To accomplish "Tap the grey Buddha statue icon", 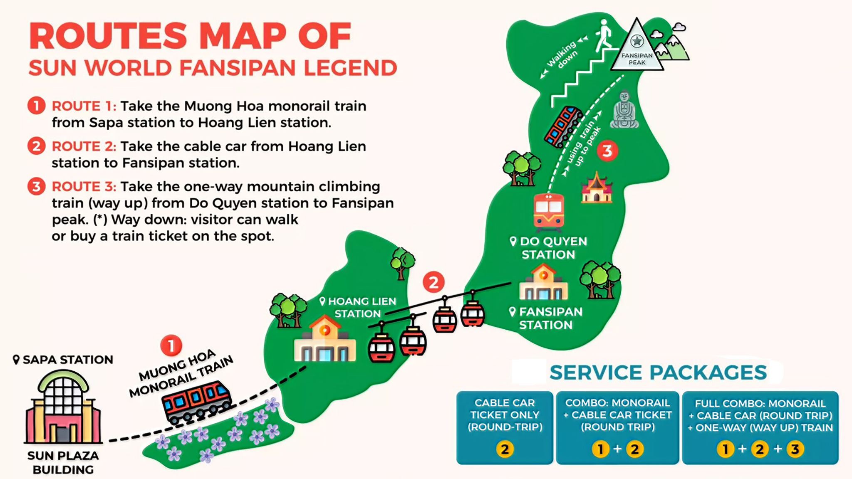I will coord(624,110).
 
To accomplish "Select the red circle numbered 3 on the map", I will coord(607,151).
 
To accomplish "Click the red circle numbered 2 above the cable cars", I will coord(433,282).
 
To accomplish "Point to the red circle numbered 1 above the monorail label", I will coord(171,346).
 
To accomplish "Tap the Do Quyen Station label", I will coord(549,248).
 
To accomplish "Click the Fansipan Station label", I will coord(547,318).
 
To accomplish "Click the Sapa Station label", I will coord(63,360).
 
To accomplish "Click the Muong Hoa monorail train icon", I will coord(196,401).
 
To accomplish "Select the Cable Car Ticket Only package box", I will coord(505,427).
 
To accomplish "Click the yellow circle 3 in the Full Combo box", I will coord(795,449).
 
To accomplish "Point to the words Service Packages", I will coord(658,373).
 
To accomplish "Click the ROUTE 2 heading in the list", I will coord(84,146).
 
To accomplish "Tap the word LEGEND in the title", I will coord(350,68).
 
